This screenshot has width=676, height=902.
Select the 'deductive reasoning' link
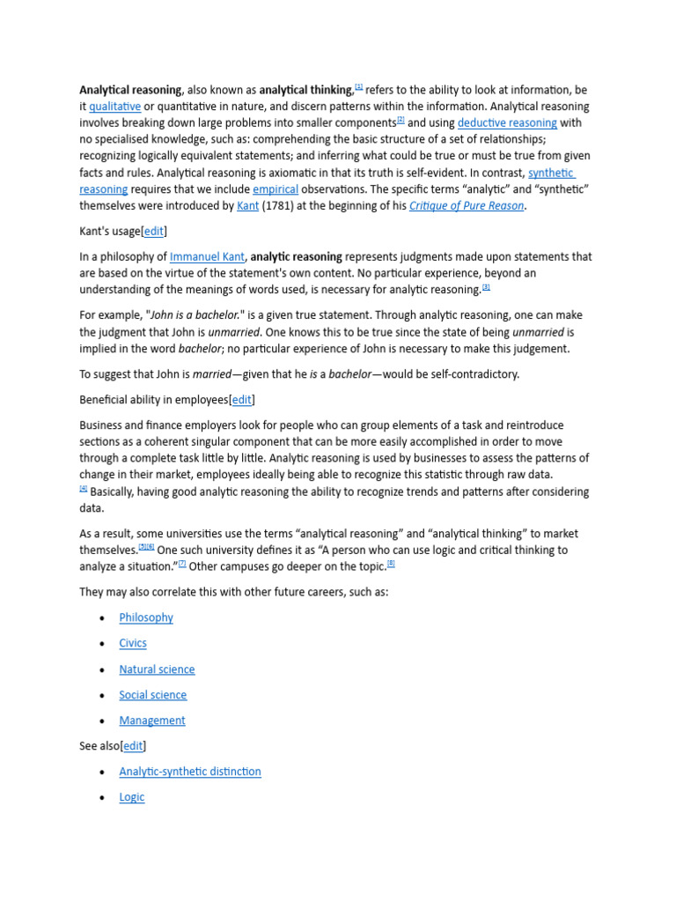tap(506, 123)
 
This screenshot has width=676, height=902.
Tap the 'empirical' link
tap(276, 189)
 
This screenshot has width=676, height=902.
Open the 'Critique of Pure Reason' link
tap(467, 206)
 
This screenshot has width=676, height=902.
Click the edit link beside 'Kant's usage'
tap(153, 232)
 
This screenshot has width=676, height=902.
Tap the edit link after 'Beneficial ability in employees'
tap(241, 400)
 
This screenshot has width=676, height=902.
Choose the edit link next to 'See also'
tap(134, 746)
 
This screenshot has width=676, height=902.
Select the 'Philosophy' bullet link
tap(146, 617)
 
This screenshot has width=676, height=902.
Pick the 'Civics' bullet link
tap(133, 643)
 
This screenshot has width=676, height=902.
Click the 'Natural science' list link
tap(157, 669)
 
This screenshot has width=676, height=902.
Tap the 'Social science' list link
tap(153, 695)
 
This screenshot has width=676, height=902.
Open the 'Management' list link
tap(152, 721)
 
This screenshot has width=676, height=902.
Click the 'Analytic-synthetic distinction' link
tap(190, 772)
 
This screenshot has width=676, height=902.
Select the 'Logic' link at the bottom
tap(132, 797)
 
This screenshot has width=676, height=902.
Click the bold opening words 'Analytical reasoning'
tap(130, 90)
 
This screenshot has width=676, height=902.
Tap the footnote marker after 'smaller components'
tap(400, 120)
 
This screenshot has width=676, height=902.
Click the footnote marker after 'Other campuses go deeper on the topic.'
tap(391, 564)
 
